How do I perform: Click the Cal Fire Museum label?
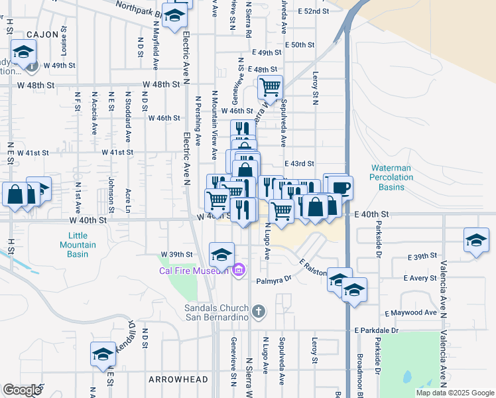tap(194, 270)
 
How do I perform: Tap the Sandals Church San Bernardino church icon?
tap(259, 310)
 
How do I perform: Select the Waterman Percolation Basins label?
tap(392, 178)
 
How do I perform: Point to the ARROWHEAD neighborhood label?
tap(178, 380)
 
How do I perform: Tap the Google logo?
tap(23, 390)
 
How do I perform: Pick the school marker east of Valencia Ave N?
tap(476, 239)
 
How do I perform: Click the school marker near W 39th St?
tap(221, 253)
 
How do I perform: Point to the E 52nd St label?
tap(313, 12)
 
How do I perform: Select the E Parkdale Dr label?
tap(376, 330)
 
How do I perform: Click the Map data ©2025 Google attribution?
tap(454, 393)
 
